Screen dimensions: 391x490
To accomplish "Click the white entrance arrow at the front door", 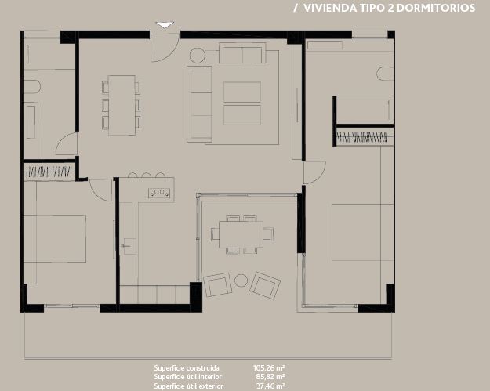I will point(164,25).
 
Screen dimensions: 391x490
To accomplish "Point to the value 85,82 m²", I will point(269,377).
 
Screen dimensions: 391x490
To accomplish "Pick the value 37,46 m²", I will point(269,386).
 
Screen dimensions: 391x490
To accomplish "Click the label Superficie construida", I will point(187,367).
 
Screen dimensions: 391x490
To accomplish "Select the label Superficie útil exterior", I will point(188,386).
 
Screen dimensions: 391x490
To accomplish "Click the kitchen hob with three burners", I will point(160,191).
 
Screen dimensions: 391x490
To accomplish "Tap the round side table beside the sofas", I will point(197,55).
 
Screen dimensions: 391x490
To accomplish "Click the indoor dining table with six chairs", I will point(122,104).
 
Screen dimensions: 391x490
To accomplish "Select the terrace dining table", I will point(241,234).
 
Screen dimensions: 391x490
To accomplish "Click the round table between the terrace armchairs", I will point(241,281).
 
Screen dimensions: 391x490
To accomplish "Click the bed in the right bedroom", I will point(362,232).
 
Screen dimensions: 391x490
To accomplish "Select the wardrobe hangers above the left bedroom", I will point(49,171).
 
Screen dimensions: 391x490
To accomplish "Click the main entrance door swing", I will point(163,49).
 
